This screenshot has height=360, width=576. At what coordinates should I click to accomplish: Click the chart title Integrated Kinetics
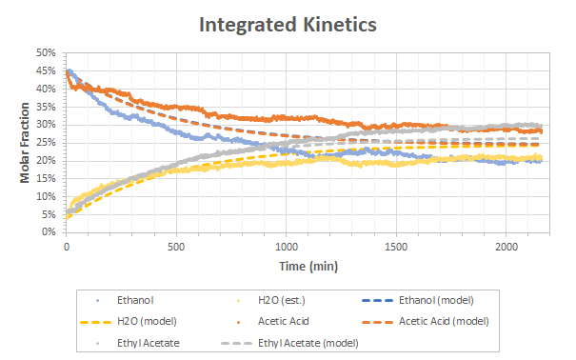point(288,25)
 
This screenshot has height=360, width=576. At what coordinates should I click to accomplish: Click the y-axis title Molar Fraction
point(24,143)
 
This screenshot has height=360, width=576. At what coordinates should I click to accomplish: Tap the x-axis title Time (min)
point(308,266)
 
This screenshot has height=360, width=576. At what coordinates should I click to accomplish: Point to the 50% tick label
point(46,53)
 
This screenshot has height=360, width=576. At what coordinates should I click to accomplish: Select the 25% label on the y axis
point(46,143)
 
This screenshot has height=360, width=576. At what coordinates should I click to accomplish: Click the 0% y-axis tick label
point(49,232)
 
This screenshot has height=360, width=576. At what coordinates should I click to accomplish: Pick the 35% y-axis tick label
point(46,107)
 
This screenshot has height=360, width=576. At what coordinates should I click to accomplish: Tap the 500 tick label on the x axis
point(176,247)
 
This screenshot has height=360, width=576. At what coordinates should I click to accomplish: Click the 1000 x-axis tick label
point(287,247)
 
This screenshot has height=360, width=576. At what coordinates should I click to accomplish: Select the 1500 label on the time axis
point(396,247)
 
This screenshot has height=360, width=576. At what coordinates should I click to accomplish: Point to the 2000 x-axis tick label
point(506,247)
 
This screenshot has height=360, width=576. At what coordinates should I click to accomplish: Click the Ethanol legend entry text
point(135,301)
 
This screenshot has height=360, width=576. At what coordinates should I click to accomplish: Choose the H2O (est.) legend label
point(282,301)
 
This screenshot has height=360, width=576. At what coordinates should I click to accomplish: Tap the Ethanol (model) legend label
point(436,301)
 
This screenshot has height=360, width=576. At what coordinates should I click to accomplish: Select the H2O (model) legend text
point(147,322)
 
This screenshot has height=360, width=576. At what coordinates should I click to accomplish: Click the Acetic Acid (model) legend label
point(444,322)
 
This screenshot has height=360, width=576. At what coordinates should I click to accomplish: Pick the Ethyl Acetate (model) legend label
point(308,343)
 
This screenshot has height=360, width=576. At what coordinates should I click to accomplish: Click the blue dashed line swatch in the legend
point(377,301)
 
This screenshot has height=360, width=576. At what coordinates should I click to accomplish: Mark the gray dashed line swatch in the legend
point(236,343)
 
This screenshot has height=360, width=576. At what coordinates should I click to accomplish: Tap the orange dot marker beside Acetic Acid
point(238,322)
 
